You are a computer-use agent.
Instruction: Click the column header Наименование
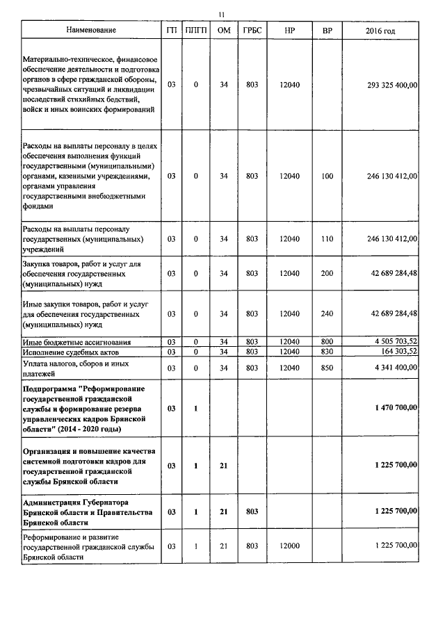(91, 31)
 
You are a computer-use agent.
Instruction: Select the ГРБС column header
(252, 31)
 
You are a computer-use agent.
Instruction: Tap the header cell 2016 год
(380, 31)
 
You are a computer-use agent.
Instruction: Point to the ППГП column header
(196, 31)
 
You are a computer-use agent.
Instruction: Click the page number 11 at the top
(222, 14)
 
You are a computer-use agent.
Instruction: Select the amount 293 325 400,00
(392, 85)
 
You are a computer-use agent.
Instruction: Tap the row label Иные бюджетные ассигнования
(76, 341)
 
